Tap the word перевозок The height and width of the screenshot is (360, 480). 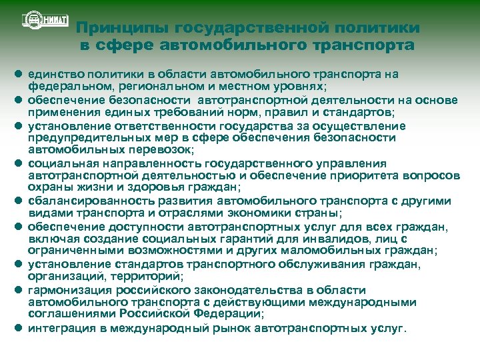click(x=143, y=150)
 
